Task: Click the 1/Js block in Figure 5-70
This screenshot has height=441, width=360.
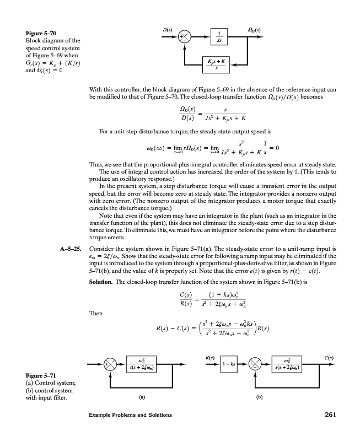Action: click(219, 37)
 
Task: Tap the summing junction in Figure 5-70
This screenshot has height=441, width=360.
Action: click(184, 36)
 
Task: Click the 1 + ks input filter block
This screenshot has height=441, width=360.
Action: click(229, 364)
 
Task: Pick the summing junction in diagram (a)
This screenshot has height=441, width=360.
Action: click(108, 364)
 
